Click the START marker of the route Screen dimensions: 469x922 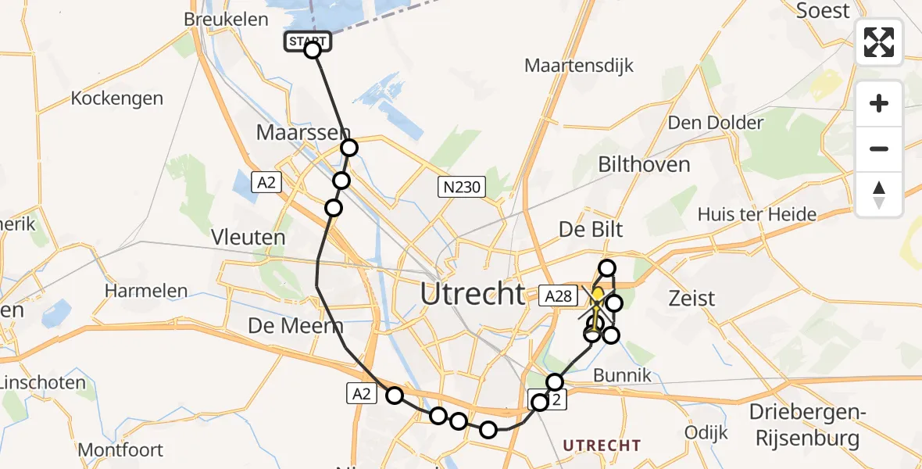(308, 41)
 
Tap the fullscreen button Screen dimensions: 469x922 (879, 42)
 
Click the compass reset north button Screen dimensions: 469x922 (879, 195)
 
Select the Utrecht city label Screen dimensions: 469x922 (472, 294)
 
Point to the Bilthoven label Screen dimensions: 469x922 (644, 164)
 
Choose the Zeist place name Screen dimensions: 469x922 (691, 298)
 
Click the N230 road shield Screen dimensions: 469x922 (462, 187)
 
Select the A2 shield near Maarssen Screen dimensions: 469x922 (266, 183)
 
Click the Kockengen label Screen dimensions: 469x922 (117, 98)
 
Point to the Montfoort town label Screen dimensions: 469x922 (120, 450)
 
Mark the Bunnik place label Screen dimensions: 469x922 (622, 375)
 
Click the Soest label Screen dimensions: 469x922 (822, 11)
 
